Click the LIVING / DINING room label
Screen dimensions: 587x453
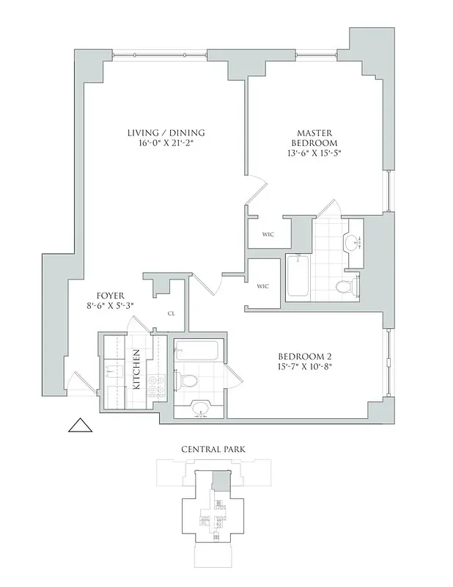tap(165, 133)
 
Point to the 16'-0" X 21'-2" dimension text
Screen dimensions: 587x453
tap(165, 144)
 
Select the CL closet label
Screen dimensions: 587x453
tap(171, 313)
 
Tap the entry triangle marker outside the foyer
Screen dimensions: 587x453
tap(77, 426)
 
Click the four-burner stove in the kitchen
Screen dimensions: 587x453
tap(155, 387)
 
